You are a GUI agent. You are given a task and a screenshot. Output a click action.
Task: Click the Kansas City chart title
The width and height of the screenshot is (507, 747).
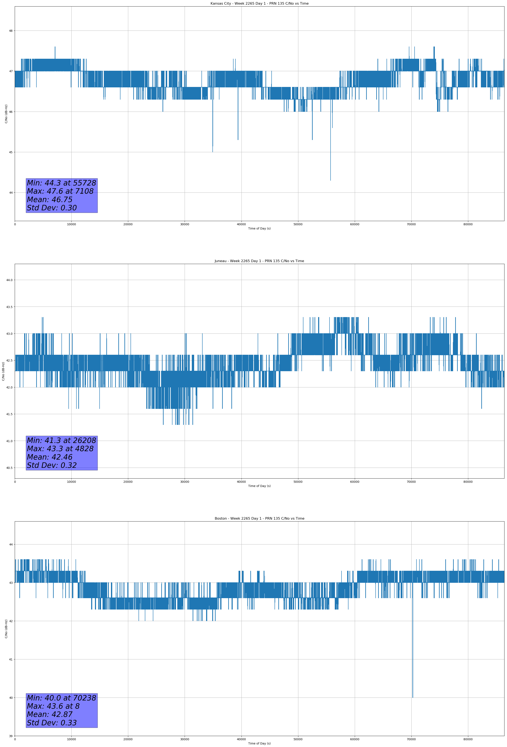pos(259,4)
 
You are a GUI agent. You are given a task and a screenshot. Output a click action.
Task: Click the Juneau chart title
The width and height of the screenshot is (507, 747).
pos(259,261)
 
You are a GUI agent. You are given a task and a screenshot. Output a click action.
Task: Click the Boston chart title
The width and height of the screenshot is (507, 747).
pos(259,519)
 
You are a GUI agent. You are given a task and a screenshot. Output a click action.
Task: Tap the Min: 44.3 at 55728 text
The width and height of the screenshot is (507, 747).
pos(61,183)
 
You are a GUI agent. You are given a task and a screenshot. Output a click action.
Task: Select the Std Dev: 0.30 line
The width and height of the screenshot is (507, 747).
pos(52,208)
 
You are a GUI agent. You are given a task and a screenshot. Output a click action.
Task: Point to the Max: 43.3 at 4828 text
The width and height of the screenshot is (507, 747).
pos(60,449)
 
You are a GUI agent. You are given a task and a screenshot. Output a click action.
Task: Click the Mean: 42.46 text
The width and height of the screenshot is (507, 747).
pos(49,457)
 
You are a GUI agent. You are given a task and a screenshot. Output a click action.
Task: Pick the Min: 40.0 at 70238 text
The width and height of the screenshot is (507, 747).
pos(61,698)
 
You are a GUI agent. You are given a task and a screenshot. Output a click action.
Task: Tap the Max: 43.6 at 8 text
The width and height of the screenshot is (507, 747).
pos(53,706)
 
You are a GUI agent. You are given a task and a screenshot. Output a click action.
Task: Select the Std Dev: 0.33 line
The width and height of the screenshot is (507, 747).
pos(52,723)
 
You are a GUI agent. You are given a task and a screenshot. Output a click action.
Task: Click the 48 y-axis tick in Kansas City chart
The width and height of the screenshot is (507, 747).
pos(11,31)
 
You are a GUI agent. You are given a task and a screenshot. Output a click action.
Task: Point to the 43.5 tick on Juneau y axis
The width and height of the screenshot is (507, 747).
pos(9,307)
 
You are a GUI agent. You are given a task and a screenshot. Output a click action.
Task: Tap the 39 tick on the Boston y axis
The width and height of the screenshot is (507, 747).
pos(11,736)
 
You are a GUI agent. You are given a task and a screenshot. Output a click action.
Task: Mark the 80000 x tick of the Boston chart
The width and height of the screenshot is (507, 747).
pos(468,739)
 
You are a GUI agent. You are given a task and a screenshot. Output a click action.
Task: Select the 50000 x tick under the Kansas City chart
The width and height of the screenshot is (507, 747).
pos(298,224)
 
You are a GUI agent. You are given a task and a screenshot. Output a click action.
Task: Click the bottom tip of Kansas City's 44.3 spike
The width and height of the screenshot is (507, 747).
pos(330,180)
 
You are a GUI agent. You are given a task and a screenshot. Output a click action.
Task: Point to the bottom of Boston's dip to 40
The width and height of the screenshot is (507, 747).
pos(412,698)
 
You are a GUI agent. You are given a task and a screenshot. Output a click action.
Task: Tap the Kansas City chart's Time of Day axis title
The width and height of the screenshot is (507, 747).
pos(259,228)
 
